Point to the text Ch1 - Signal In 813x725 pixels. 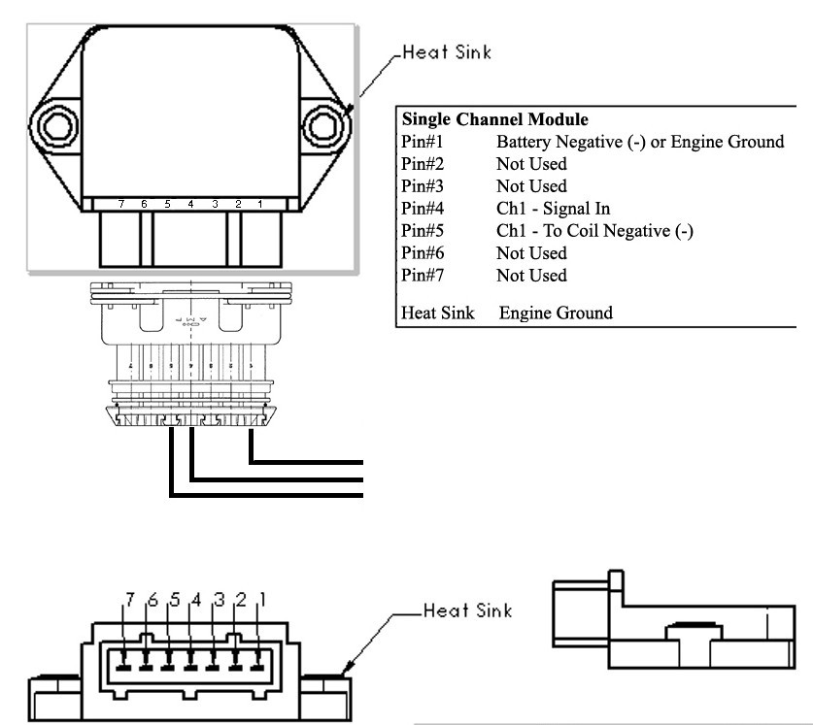[553, 209]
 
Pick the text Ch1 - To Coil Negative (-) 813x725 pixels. [593, 231]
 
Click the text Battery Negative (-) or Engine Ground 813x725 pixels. [639, 143]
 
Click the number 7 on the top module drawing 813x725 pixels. [120, 204]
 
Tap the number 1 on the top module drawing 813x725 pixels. [260, 204]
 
